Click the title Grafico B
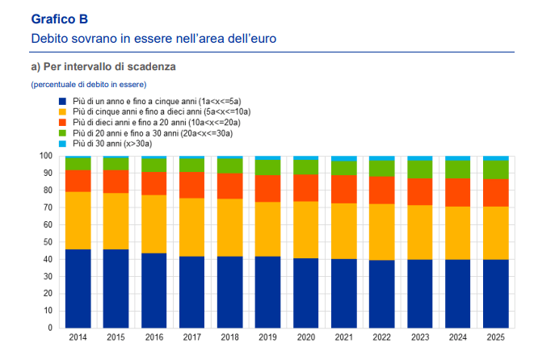[x=60, y=18]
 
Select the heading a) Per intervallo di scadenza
[x=103, y=66]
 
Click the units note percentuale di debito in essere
[x=89, y=84]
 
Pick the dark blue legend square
[x=62, y=100]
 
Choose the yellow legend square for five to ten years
[x=62, y=111]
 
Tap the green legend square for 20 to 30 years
[x=62, y=132]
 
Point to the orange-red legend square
[x=62, y=122]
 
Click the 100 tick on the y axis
[x=46, y=156]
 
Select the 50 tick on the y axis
[x=48, y=242]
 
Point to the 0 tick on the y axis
[x=51, y=328]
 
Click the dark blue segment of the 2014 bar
[x=78, y=288]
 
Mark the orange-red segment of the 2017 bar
[x=191, y=185]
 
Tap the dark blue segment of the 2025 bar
[x=495, y=293]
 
